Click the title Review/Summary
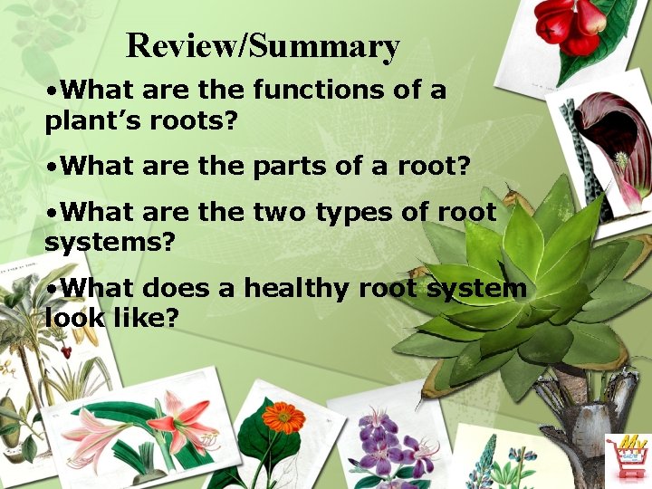263,45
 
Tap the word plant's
96,120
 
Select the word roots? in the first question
193,120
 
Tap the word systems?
109,243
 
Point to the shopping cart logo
628,458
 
